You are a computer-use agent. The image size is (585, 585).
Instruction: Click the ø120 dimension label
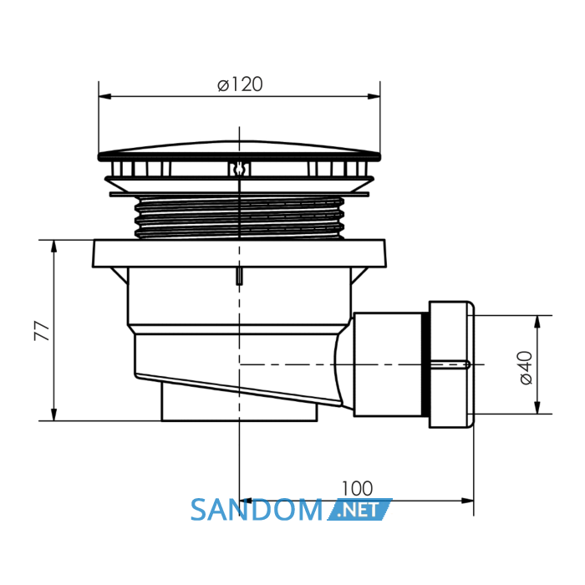pos(240,84)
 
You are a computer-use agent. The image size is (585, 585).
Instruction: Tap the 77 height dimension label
pos(42,331)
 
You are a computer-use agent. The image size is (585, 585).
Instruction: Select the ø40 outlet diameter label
pos(526,368)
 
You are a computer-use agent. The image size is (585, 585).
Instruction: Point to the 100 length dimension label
pos(357,488)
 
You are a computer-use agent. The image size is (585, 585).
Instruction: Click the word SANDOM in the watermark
pos(257,510)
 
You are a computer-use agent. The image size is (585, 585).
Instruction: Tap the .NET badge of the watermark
pos(360,510)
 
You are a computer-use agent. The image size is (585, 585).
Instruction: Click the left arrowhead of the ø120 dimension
pos(105,96)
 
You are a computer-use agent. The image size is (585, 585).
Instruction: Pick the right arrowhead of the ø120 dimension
pos(374,96)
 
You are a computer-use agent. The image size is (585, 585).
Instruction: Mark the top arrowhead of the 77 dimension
pos(54,247)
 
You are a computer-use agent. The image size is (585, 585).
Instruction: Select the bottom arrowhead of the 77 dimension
pos(54,415)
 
